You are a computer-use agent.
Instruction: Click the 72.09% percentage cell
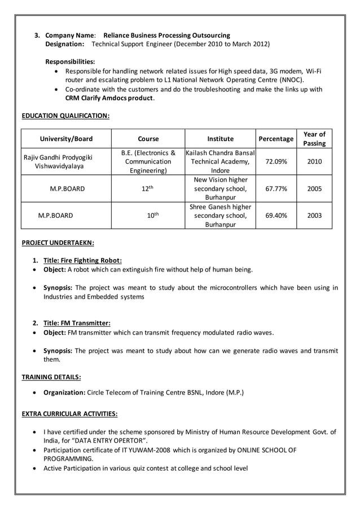276,161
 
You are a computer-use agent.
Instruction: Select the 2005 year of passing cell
314,188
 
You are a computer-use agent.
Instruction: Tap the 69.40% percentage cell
276,216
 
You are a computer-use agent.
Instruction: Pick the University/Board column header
66,139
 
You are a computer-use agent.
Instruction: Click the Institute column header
220,139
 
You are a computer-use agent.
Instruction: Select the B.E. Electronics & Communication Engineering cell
148,161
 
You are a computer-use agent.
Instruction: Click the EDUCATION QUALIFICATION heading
65,116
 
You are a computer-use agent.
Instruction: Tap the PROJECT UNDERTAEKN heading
58,243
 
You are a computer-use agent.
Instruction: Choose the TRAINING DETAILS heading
51,376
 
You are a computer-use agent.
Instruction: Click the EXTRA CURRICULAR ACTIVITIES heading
69,414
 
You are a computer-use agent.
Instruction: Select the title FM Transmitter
77,323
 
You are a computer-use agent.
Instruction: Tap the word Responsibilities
70,61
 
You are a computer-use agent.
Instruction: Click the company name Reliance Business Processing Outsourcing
167,35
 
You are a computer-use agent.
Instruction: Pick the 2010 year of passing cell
314,161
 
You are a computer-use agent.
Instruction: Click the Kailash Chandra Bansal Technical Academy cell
220,161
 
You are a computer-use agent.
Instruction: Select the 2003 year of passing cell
314,216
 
